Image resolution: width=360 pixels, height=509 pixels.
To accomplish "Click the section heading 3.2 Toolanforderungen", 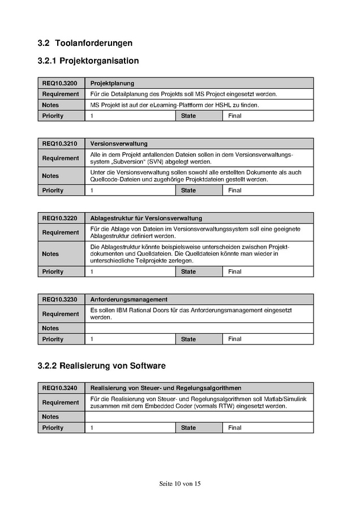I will click(85, 43).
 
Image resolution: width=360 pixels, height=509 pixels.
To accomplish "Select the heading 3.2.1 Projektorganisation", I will click(88, 61).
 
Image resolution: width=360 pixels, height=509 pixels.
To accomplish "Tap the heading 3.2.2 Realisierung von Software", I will click(101, 366).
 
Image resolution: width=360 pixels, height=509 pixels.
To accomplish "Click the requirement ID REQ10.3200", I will click(59, 83).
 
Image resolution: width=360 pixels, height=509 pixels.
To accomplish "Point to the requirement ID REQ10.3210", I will click(59, 144).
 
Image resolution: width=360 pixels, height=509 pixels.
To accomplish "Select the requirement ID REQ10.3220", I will click(59, 218).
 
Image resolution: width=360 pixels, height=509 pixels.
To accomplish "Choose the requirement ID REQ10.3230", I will click(59, 299).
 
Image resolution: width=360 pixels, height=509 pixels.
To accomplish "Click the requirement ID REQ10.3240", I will click(59, 388).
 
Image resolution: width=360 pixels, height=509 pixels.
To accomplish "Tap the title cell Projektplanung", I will click(112, 83).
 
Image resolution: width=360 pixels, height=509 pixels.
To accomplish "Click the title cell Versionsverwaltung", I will click(119, 144).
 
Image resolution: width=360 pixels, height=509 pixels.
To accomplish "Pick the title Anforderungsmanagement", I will click(128, 299).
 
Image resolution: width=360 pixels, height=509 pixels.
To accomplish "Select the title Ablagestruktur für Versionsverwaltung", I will click(146, 218).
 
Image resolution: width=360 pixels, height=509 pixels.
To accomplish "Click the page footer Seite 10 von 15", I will click(180, 484).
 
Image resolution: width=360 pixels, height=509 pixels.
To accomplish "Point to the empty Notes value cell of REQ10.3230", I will click(199, 328).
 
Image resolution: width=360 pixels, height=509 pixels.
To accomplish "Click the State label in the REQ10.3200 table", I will click(188, 116).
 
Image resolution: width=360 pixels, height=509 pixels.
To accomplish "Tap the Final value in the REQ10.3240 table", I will click(234, 428).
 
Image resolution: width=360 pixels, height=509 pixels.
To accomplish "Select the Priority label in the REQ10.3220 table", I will click(53, 272).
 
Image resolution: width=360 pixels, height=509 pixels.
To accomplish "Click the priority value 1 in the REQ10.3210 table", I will click(92, 191).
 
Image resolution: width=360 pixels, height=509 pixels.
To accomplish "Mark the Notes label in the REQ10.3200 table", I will click(50, 105).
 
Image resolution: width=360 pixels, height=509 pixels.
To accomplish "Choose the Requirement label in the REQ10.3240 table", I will click(61, 403).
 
